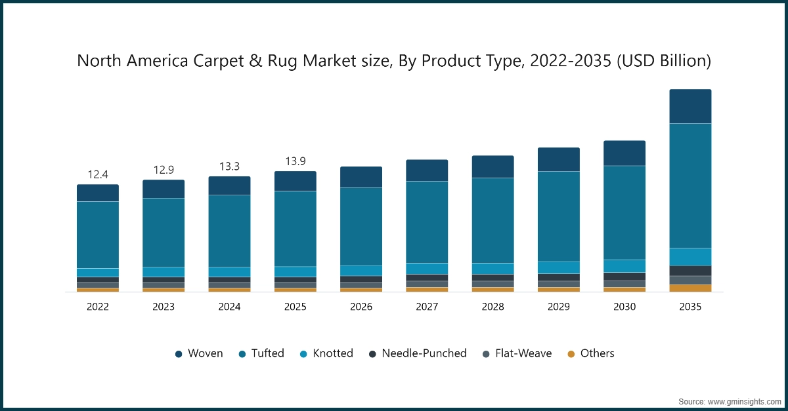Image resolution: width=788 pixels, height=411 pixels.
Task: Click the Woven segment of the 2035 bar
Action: tap(690, 106)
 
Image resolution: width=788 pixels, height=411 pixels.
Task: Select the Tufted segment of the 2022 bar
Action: tap(98, 235)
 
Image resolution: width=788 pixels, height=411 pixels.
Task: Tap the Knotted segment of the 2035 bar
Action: tap(690, 256)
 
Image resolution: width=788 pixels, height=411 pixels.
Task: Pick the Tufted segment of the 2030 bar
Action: tap(624, 212)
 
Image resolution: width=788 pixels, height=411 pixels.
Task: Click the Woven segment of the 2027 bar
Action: tap(427, 170)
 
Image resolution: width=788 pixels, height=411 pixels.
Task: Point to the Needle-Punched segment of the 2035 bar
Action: tap(690, 271)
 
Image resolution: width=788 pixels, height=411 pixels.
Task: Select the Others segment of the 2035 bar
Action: tap(690, 288)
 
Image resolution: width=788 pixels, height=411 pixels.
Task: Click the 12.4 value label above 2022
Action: tap(98, 174)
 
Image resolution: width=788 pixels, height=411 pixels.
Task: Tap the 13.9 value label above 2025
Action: tap(295, 161)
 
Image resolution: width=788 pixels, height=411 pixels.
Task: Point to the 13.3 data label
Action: tap(229, 166)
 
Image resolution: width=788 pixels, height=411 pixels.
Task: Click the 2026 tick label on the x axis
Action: tap(361, 307)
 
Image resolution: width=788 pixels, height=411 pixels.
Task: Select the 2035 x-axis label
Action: tap(690, 307)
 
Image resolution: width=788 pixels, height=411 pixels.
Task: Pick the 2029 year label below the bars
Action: tap(559, 307)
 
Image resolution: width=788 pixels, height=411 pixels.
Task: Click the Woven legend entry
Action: tap(199, 353)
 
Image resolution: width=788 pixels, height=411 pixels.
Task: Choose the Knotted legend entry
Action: tap(326, 353)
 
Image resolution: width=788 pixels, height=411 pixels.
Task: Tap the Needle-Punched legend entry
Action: tap(418, 353)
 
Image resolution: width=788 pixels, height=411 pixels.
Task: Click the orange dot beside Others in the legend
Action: tap(571, 354)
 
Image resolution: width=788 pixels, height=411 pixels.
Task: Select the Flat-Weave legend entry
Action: tap(517, 353)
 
